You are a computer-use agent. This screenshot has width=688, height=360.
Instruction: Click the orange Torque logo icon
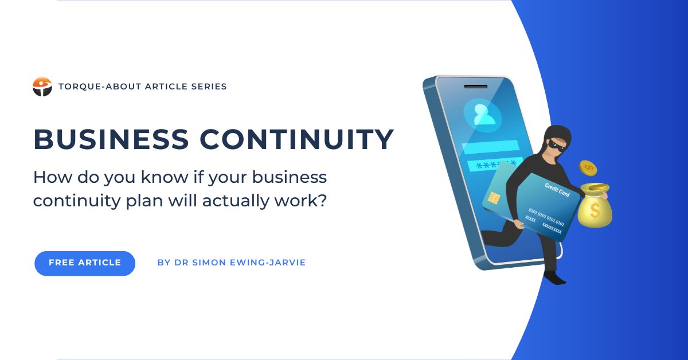pyautogui.click(x=42, y=87)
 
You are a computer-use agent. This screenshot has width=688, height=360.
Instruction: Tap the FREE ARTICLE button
pyautogui.click(x=85, y=263)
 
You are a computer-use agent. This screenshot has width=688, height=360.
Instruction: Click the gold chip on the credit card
pyautogui.click(x=494, y=199)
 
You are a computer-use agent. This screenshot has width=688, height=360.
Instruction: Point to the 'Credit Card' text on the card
pyautogui.click(x=557, y=190)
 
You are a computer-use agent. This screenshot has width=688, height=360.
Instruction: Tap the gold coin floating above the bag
pyautogui.click(x=588, y=168)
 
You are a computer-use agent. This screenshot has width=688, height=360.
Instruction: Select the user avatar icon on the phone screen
pyautogui.click(x=483, y=115)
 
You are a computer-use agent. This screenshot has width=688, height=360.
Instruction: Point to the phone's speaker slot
pyautogui.click(x=475, y=87)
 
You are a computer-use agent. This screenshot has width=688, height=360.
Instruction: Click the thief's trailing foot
pyautogui.click(x=555, y=278)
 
